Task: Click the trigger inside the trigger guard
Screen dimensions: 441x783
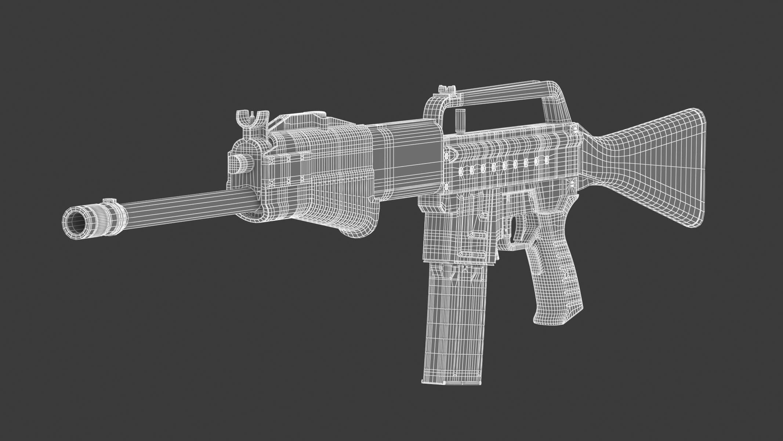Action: click(519, 228)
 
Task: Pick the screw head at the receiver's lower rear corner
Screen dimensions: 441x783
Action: click(571, 182)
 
